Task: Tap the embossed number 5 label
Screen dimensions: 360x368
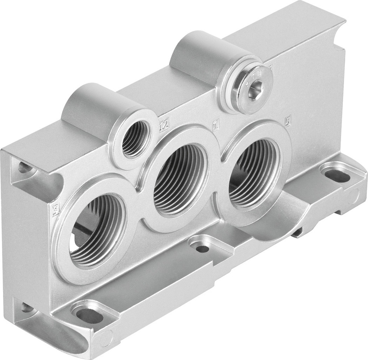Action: coord(288,119)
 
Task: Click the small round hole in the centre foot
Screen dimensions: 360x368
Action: coord(202,249)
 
